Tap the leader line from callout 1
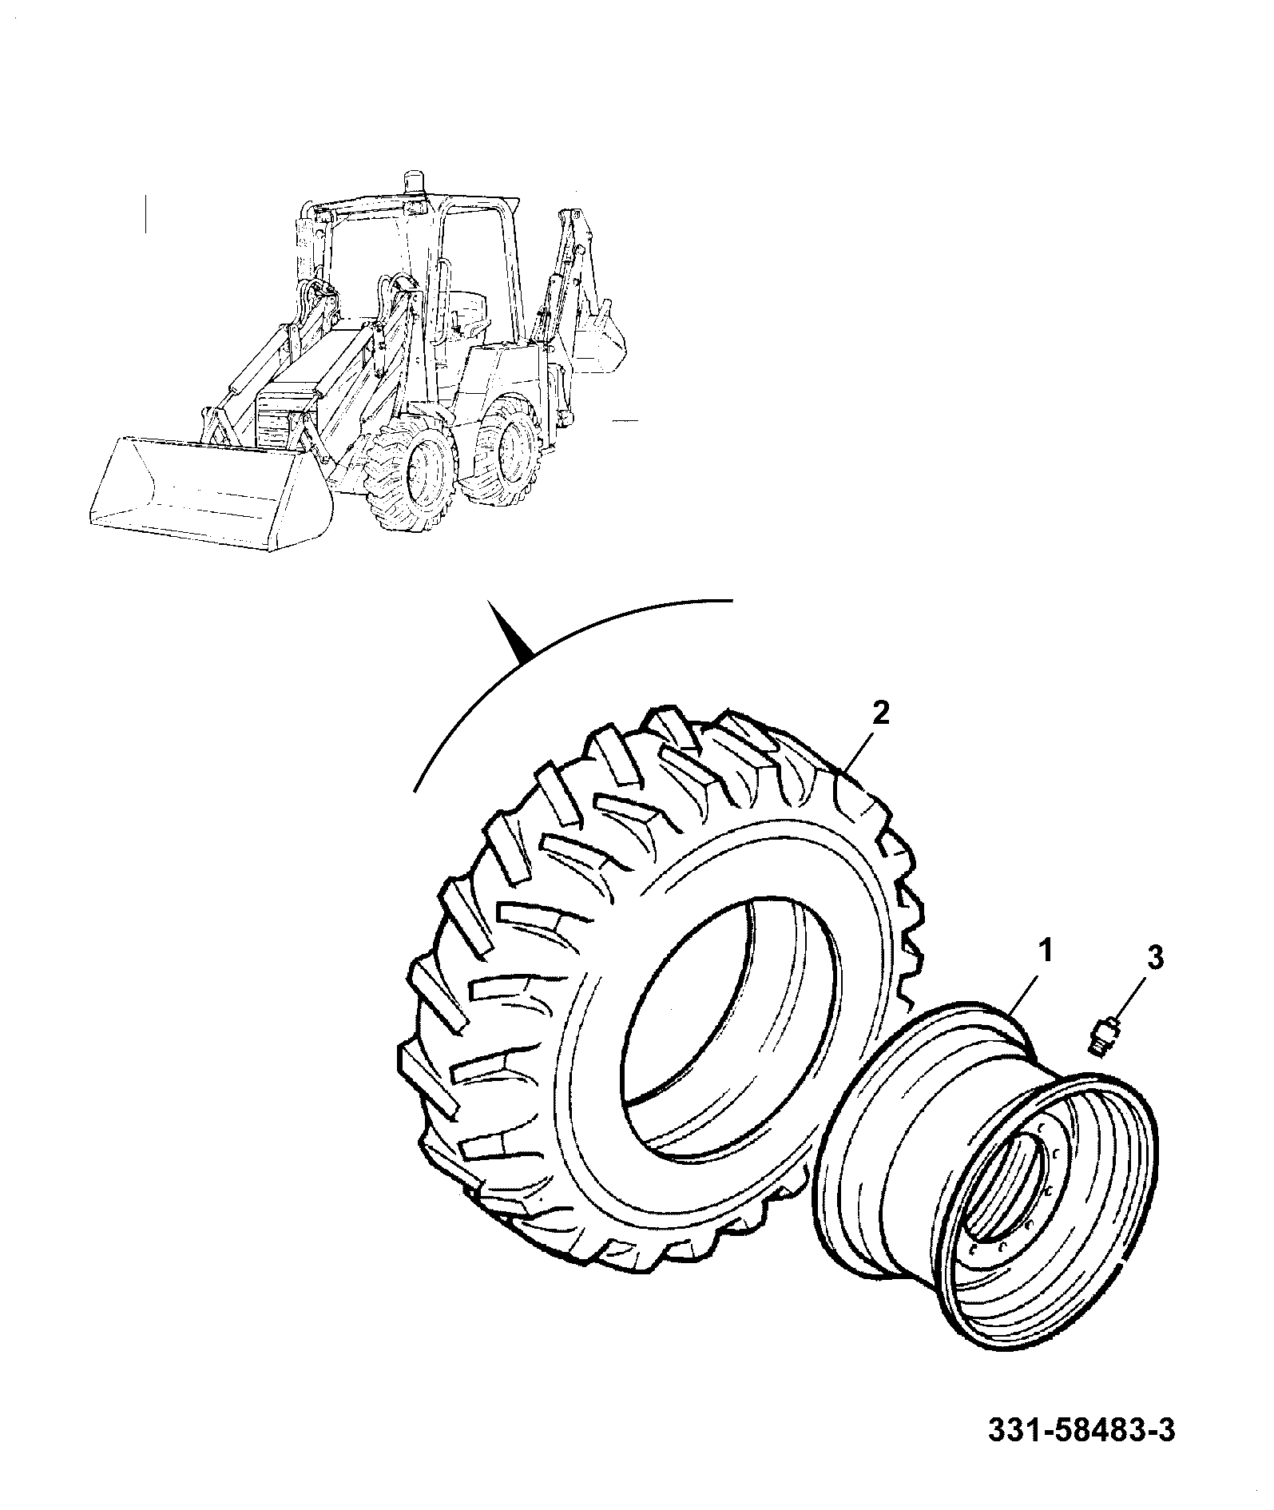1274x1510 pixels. pyautogui.click(x=1025, y=990)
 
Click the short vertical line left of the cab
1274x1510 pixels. pyautogui.click(x=145, y=214)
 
